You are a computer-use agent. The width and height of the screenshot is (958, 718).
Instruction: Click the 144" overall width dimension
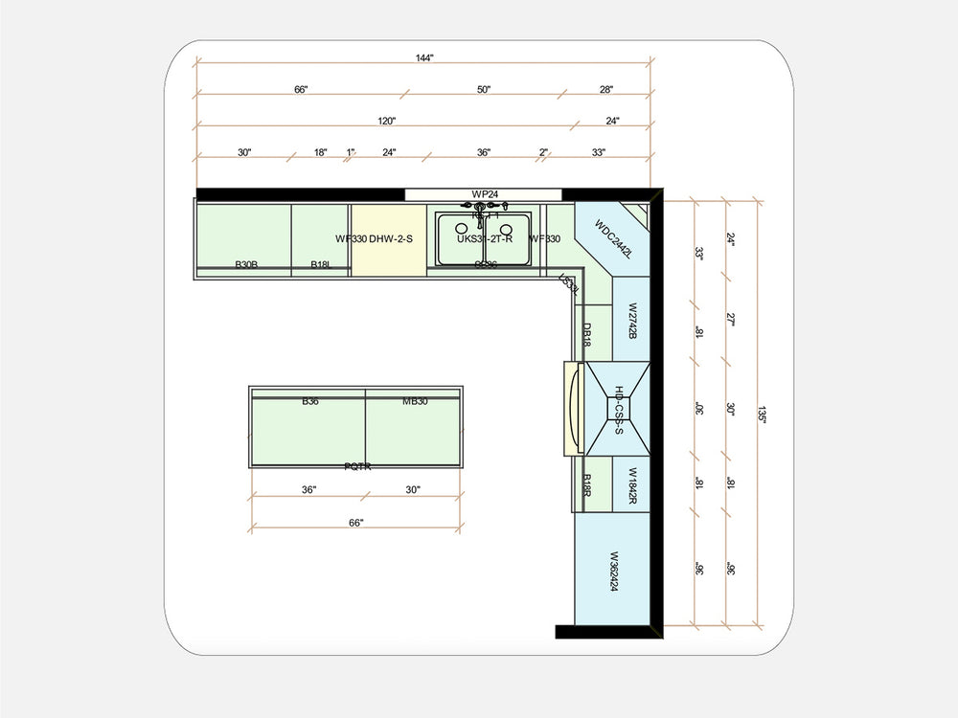point(424,58)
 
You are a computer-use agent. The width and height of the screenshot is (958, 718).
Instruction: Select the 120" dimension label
point(386,122)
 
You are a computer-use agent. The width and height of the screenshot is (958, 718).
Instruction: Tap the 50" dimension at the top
point(484,90)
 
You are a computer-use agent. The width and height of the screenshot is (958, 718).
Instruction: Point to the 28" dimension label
point(605,90)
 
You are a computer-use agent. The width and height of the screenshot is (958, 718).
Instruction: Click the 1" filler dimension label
point(351,153)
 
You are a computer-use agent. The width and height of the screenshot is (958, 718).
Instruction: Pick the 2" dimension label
point(543,153)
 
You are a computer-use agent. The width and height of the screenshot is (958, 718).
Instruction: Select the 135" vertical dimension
point(760,414)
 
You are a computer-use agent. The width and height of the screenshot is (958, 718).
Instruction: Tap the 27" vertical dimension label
point(730,319)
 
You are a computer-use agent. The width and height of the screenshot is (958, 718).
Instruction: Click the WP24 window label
point(485,194)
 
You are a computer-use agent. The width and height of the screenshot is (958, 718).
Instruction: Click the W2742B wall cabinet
point(632,322)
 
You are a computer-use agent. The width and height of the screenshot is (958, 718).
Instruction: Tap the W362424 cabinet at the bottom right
point(614,572)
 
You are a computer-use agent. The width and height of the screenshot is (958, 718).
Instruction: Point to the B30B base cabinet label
point(246,264)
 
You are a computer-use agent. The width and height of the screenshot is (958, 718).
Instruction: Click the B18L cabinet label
point(320,264)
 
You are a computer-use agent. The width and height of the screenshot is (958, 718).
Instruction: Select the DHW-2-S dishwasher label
point(390,238)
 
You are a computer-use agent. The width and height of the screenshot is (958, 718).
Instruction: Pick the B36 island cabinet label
point(309,401)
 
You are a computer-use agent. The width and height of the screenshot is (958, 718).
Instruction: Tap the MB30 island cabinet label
point(415,401)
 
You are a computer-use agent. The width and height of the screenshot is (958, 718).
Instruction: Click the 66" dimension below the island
point(355,523)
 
